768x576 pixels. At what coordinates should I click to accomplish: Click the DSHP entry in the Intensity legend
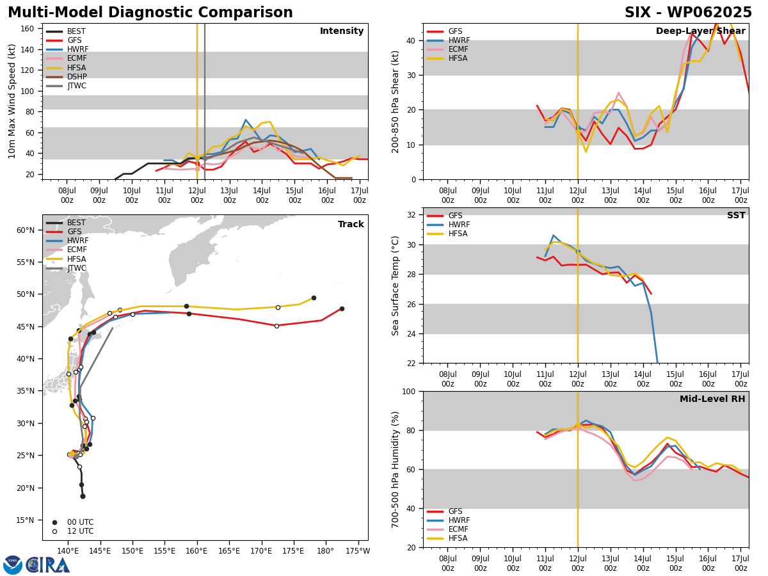coord(77,77)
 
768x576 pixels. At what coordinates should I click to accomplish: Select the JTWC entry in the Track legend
coord(77,268)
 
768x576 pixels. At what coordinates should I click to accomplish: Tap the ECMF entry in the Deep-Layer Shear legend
coord(458,49)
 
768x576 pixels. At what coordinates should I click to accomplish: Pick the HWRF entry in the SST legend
coord(459,225)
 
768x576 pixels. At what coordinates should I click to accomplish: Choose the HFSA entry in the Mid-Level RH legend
coord(458,538)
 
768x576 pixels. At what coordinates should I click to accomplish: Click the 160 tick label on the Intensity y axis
coord(27,29)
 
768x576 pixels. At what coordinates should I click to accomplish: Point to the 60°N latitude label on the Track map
coord(26,230)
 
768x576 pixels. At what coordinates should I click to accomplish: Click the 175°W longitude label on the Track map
coord(358,551)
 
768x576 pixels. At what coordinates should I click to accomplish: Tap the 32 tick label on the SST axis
coord(411,215)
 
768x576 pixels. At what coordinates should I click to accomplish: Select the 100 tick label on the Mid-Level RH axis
coord(409,391)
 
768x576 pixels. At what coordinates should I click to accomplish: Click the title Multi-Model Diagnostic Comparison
coord(150,12)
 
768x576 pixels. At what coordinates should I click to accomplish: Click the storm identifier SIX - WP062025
coord(688,12)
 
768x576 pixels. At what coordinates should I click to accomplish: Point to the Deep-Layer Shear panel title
coord(700,31)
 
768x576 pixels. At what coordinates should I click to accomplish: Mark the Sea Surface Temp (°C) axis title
coord(395,285)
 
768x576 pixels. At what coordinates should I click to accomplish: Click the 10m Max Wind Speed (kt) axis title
coord(12,101)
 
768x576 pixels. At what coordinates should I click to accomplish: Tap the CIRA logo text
coord(47,565)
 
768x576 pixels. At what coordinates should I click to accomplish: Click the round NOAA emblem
coord(13,565)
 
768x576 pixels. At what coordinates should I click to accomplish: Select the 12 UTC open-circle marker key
coord(54,532)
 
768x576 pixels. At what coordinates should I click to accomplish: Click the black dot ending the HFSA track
coord(314,298)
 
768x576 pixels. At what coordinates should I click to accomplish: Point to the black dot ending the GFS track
coord(342,309)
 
